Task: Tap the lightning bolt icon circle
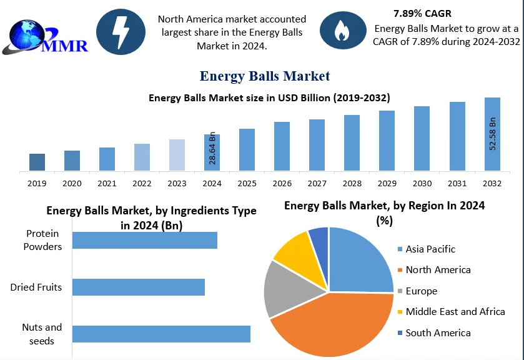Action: (120, 29)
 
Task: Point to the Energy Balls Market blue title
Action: (264, 76)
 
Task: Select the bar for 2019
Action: (37, 162)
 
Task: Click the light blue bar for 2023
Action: (177, 154)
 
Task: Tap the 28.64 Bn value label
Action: (212, 148)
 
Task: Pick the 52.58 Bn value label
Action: (492, 133)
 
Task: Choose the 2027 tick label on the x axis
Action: (317, 184)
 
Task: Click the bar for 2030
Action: (422, 138)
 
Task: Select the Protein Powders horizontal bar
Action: (145, 240)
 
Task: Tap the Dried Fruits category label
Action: (36, 287)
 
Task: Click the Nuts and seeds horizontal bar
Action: (161, 334)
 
